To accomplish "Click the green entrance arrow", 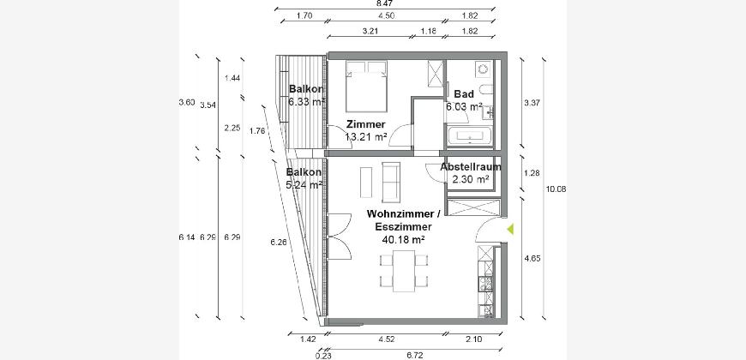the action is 510,229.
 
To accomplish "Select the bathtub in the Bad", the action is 470,135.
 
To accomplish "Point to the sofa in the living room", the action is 391,182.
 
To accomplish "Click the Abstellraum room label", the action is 471,167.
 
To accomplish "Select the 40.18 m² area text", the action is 404,239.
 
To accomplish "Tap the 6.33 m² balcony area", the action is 306,101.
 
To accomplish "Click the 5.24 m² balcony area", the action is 304,184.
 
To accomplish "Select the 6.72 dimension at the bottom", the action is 415,355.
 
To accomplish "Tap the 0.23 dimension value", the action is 323,355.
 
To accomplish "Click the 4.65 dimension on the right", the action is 532,259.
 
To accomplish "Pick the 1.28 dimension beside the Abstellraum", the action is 532,173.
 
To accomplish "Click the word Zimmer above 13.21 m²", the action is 365,124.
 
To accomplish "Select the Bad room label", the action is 464,93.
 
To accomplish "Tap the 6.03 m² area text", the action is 464,106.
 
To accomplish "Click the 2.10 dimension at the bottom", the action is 474,339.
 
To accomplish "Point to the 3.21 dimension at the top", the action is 370,32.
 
